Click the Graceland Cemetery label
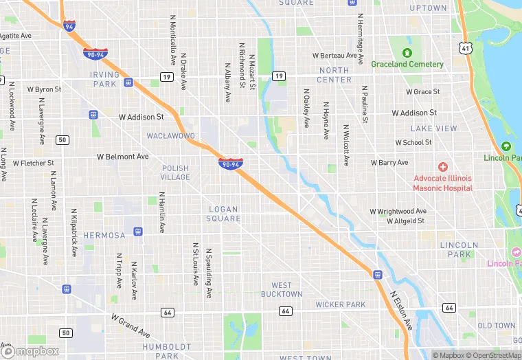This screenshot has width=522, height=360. click(x=407, y=64)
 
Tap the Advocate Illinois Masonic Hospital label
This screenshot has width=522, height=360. click(x=443, y=183)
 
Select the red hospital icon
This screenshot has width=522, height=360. click(x=443, y=167)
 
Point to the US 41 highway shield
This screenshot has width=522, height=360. click(x=466, y=48)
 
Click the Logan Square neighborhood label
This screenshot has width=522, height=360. click(x=223, y=214)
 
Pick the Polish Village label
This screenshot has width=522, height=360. click(x=175, y=172)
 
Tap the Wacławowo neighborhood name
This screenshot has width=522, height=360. click(x=171, y=136)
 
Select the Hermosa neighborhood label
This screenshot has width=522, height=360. click(x=104, y=235)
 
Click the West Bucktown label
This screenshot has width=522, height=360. click(x=282, y=289)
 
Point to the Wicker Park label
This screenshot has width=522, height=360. click(x=340, y=304)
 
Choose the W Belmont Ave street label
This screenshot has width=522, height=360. click(x=122, y=157)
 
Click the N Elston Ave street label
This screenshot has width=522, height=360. click(x=402, y=311)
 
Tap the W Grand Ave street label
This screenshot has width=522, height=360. click(x=130, y=327)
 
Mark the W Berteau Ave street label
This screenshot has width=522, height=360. click(x=334, y=55)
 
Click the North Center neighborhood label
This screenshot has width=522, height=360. click(x=334, y=75)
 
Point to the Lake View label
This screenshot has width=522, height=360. click(x=433, y=128)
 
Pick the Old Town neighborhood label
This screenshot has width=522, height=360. click(x=496, y=326)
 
